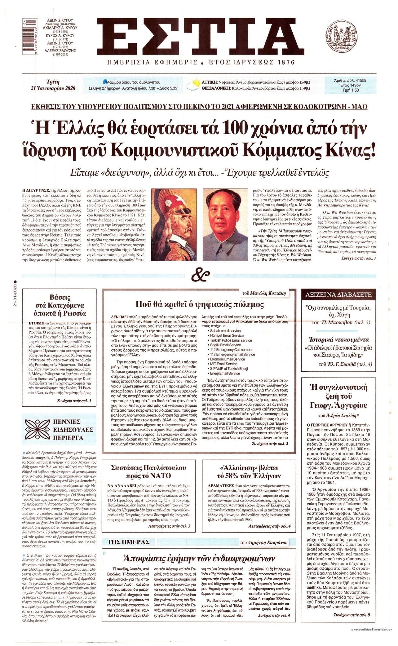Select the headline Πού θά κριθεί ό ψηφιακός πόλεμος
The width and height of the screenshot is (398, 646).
200,304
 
